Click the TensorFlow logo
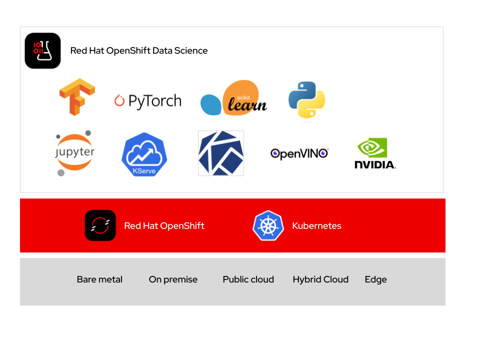(x=77, y=97)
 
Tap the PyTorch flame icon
(x=119, y=100)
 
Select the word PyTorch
(x=154, y=101)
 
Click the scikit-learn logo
(x=234, y=98)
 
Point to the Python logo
(x=306, y=100)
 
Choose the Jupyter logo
(x=74, y=153)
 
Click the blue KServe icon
(x=144, y=154)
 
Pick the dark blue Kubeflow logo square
(x=221, y=153)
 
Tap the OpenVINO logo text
(x=299, y=153)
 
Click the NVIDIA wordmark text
(x=375, y=164)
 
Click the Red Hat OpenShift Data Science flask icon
(x=42, y=50)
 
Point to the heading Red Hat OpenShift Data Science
(x=139, y=50)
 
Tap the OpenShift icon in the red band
(x=100, y=225)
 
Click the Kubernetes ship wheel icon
(x=268, y=225)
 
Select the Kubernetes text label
(x=316, y=225)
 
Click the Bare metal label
(x=99, y=279)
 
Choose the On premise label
(x=173, y=279)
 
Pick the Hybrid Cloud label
(x=320, y=279)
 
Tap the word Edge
(x=375, y=279)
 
